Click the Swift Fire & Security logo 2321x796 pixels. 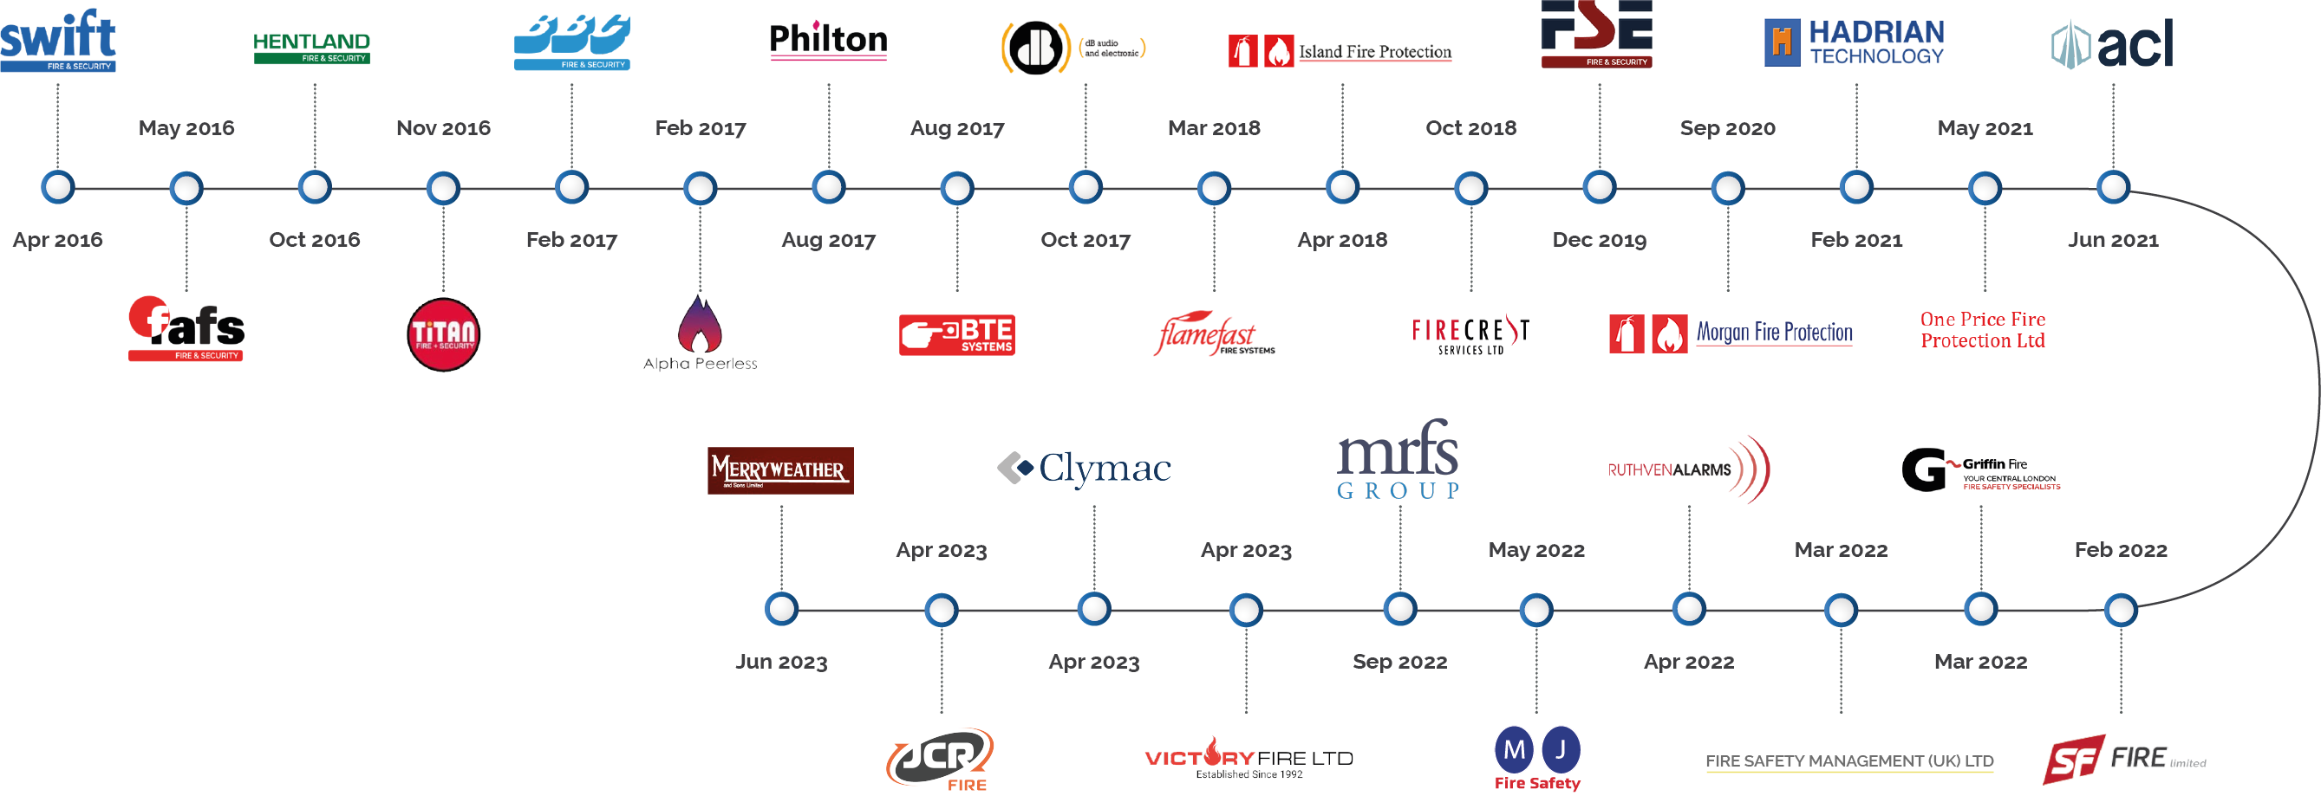pos(58,41)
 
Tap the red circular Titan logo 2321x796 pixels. pos(443,334)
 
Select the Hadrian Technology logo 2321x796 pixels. pos(1855,42)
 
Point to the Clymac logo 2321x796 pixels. pos(1085,469)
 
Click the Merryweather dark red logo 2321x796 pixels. pos(780,470)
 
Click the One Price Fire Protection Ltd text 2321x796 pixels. pos(1982,329)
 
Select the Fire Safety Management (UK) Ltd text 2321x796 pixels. pos(1848,760)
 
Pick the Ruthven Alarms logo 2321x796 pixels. pos(1688,469)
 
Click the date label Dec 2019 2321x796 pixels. pos(1600,240)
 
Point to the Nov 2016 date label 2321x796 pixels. pos(443,128)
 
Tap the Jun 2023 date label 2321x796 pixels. pos(781,662)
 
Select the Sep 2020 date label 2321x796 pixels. pos(1727,128)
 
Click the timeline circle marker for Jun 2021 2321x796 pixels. pos(2113,187)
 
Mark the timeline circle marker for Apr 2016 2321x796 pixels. pos(58,187)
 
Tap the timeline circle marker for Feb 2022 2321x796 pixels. pos(2121,610)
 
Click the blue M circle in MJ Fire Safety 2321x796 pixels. pos(1515,749)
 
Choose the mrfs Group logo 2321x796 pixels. pos(1398,459)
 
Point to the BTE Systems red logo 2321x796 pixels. pos(957,334)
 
